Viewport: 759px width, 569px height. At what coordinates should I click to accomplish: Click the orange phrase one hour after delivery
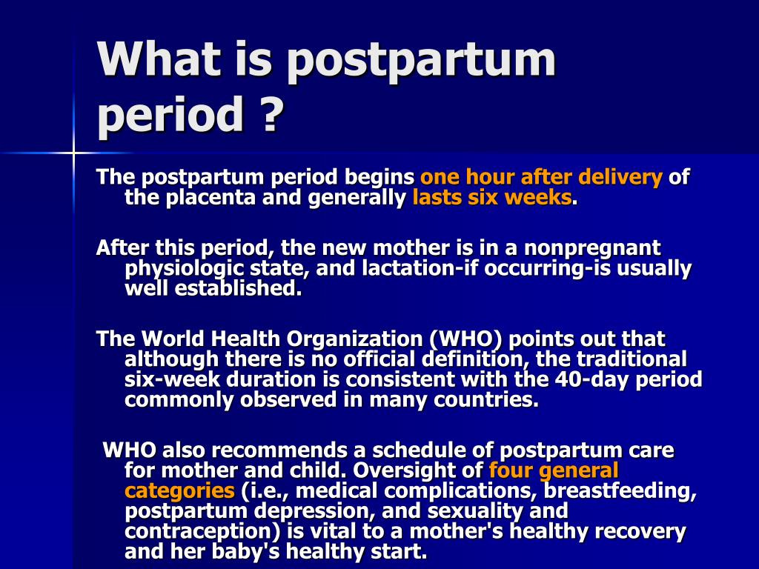click(541, 177)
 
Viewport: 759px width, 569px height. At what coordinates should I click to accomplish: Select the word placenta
click(211, 197)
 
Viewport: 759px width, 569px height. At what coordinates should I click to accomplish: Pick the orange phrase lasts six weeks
click(492, 197)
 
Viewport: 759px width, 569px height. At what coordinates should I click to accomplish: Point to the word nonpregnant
click(592, 249)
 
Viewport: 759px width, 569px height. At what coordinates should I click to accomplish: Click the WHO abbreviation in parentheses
click(465, 339)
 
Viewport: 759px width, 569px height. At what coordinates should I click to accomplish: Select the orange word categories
click(179, 491)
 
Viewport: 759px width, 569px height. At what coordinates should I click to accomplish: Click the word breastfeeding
click(620, 491)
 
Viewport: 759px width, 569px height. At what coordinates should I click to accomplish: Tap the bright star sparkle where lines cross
click(73, 153)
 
